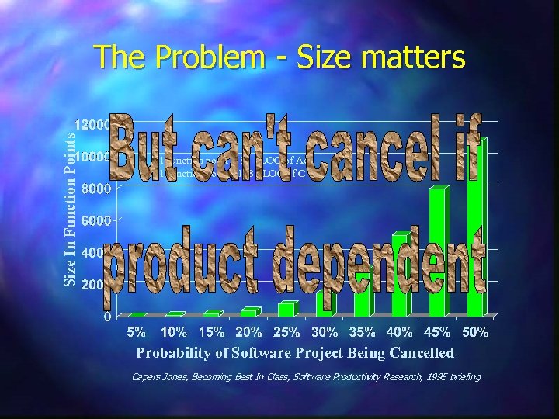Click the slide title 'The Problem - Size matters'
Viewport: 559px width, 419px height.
pyautogui.click(x=279, y=57)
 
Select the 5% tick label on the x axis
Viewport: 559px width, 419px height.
pyautogui.click(x=137, y=333)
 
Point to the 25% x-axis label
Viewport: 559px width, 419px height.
pyautogui.click(x=286, y=333)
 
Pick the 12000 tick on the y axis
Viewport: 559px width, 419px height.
pyautogui.click(x=92, y=124)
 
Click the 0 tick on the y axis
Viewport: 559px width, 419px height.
pyautogui.click(x=106, y=317)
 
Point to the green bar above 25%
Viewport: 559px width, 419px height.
pyautogui.click(x=287, y=309)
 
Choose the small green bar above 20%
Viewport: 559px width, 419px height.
pyautogui.click(x=249, y=312)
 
